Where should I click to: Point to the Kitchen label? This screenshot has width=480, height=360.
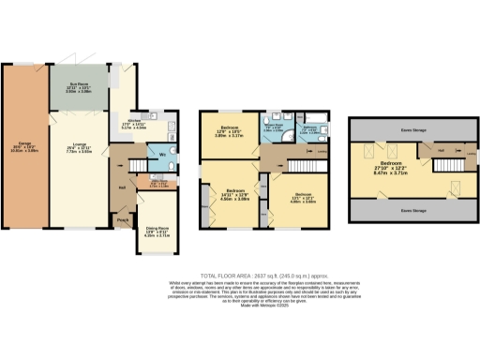129,122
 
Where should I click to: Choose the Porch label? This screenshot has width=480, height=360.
123,221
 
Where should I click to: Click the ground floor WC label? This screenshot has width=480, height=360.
163,154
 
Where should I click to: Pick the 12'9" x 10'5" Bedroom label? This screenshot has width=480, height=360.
230,130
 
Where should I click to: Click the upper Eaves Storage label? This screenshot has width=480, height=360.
410,130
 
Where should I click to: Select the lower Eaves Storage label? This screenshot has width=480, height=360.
410,212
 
